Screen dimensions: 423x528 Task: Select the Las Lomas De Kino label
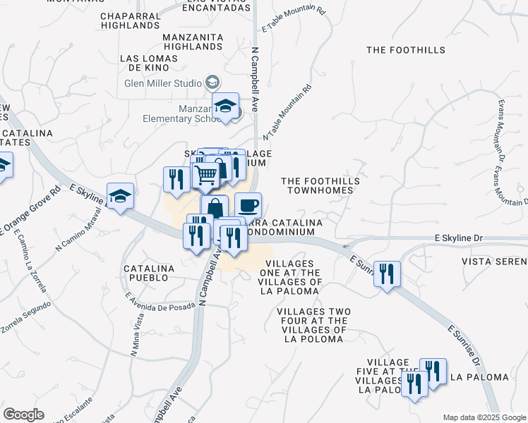pyautogui.click(x=145, y=63)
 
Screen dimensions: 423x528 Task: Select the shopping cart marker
pyautogui.click(x=205, y=174)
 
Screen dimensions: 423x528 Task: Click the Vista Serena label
pyautogui.click(x=494, y=261)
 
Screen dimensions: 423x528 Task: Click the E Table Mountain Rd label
pyautogui.click(x=293, y=20)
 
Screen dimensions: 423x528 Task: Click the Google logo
pyautogui.click(x=23, y=415)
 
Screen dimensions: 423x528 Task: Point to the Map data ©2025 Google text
pyautogui.click(x=484, y=417)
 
